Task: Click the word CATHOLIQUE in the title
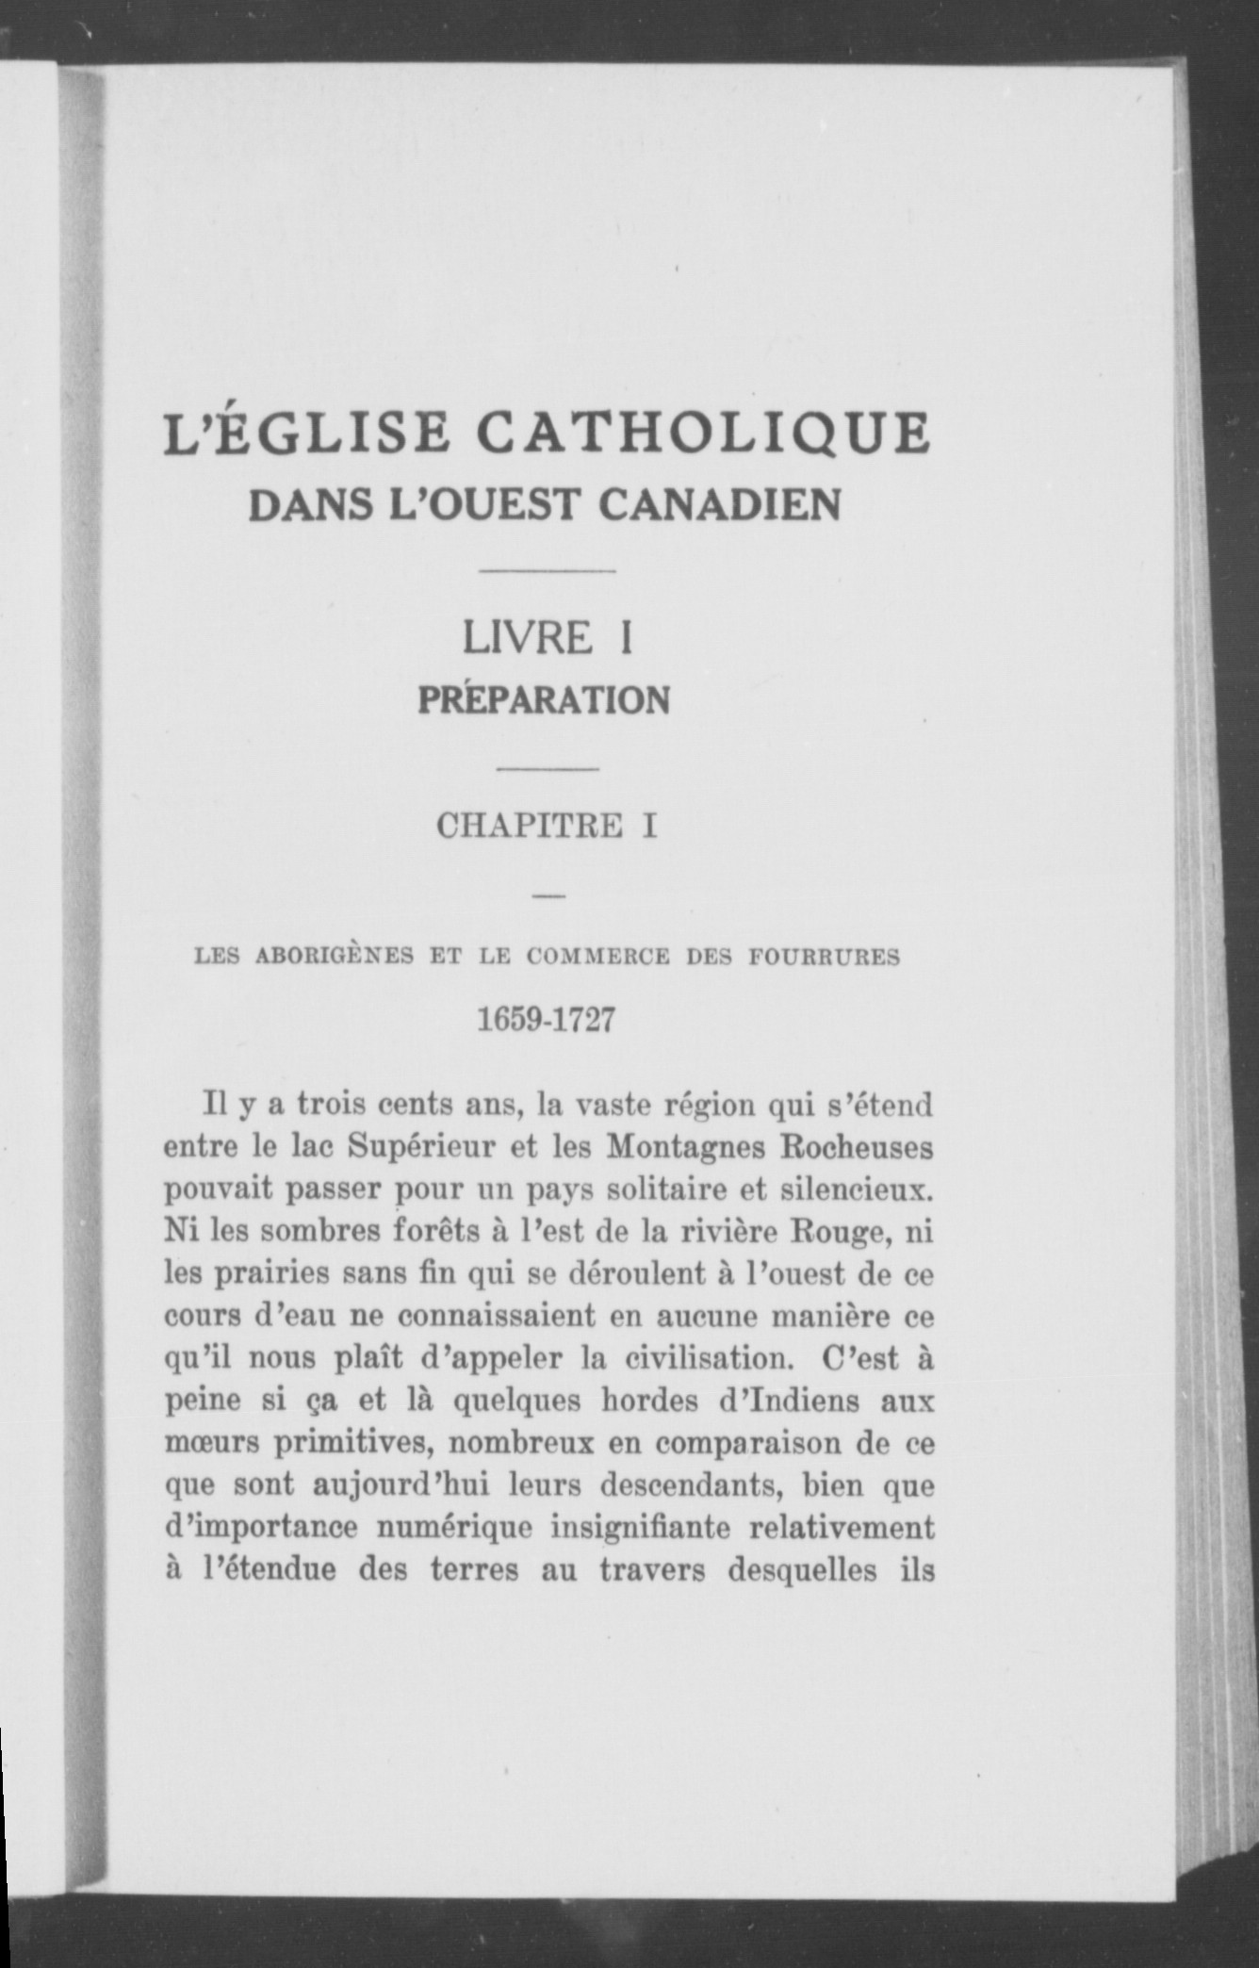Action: (703, 435)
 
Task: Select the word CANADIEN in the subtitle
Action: (719, 505)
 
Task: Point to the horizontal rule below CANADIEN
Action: (548, 571)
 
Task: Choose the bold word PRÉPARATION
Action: (544, 700)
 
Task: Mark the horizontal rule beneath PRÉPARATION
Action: (548, 770)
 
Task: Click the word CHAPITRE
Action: (530, 827)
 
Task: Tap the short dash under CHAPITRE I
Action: (548, 896)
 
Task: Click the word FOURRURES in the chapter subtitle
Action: (825, 957)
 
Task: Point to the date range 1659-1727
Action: (547, 1020)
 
